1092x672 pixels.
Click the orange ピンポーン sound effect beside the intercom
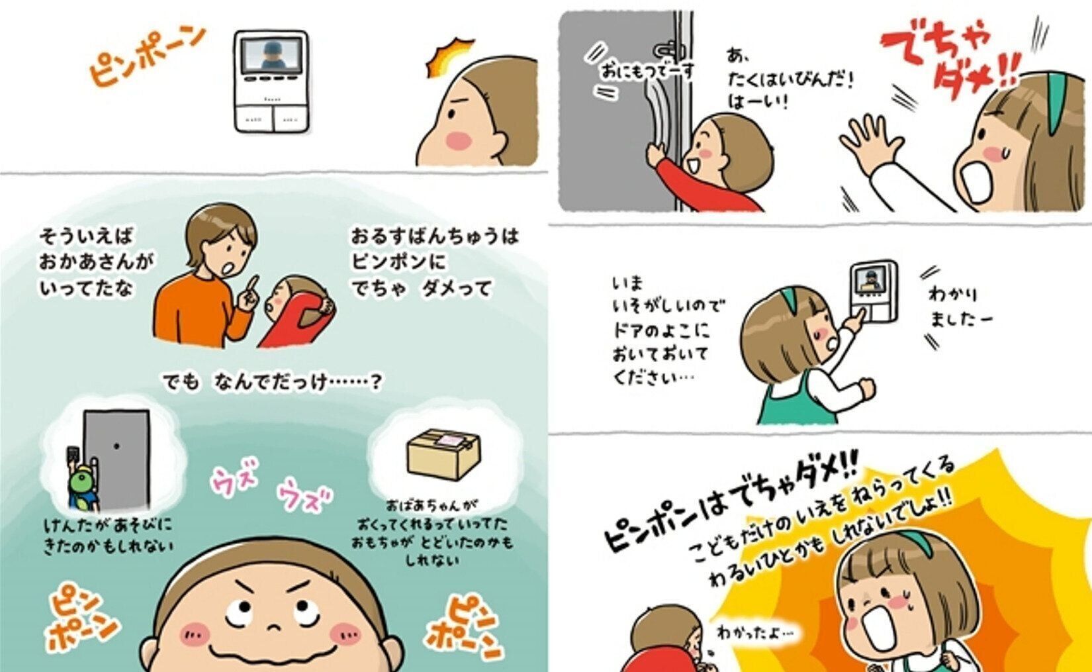coord(146,56)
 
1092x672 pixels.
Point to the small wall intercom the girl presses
coord(874,293)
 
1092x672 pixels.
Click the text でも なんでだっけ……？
coord(272,382)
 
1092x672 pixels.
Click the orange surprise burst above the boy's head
coord(449,56)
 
